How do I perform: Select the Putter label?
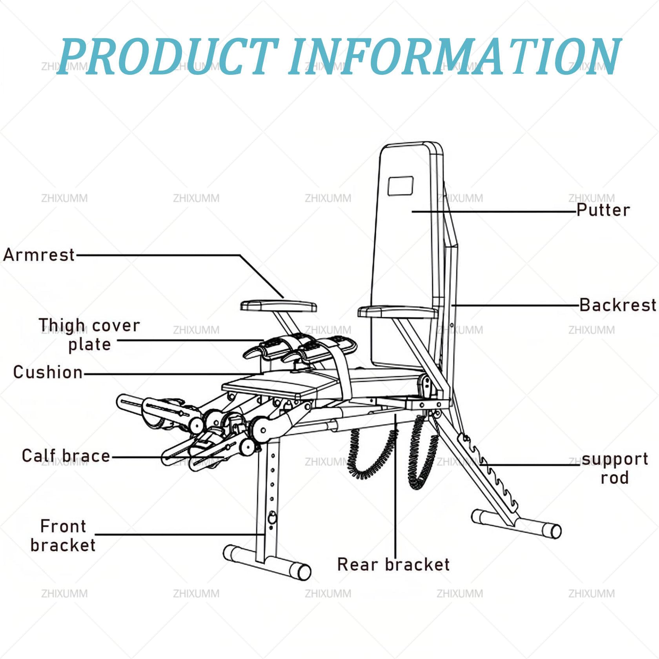[x=603, y=210]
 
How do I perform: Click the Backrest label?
[x=618, y=305]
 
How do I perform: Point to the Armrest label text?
[x=39, y=255]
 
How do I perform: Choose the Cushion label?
[x=48, y=372]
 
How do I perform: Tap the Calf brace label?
[x=66, y=456]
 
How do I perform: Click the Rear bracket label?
[x=393, y=564]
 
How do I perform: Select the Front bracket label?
[x=63, y=535]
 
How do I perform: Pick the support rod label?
[x=615, y=468]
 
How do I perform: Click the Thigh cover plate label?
[x=89, y=335]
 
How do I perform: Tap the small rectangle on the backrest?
[x=400, y=186]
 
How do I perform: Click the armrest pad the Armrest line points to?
[x=279, y=306]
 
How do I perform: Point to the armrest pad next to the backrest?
[x=397, y=312]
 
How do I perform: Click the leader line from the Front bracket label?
[x=180, y=534]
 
